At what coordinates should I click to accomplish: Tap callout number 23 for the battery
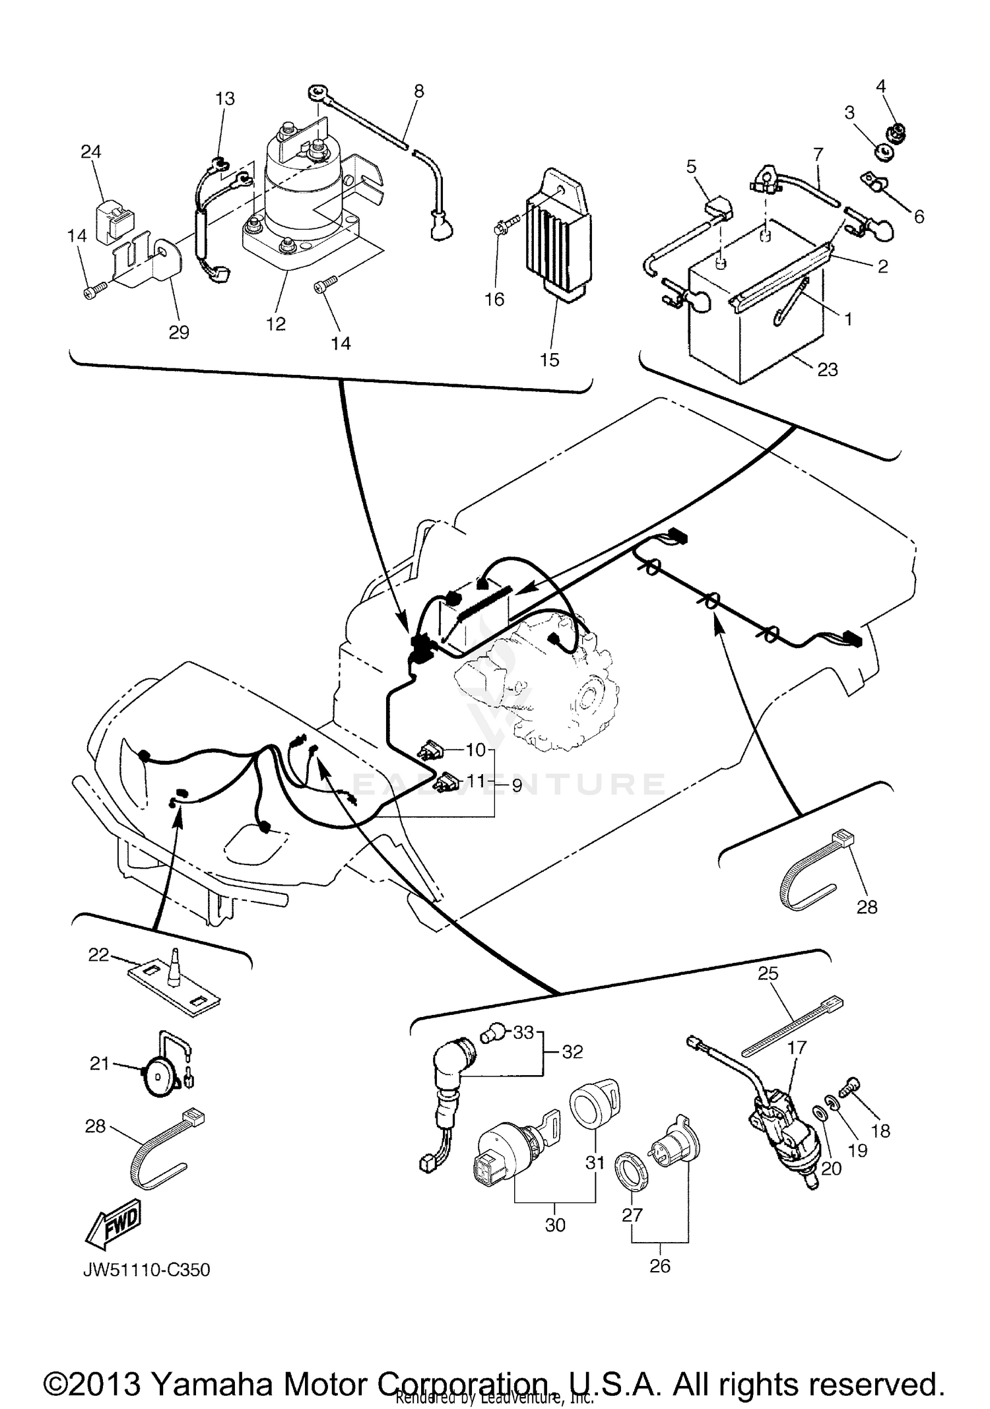point(827,369)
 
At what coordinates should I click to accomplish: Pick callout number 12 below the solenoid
point(275,323)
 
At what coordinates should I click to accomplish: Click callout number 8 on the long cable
point(419,90)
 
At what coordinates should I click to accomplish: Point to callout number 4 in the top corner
point(881,86)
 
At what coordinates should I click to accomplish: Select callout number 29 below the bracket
point(179,332)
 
